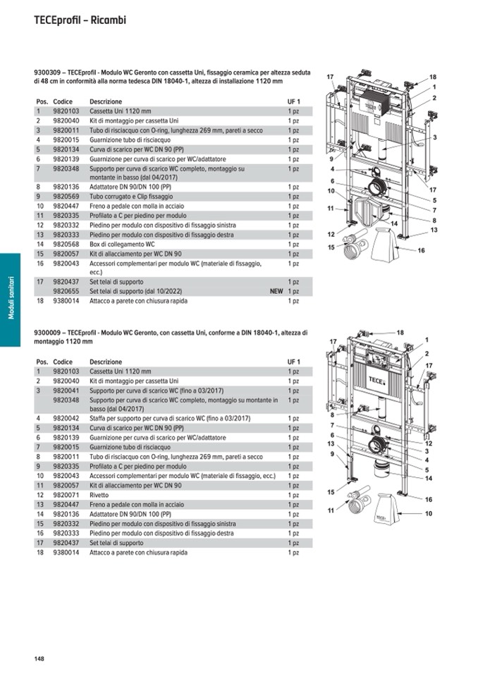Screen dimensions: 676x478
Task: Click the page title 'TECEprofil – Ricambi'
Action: (x=80, y=20)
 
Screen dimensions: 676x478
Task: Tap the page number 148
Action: (x=39, y=658)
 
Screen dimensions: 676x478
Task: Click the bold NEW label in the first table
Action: (x=276, y=290)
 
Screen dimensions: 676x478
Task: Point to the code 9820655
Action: (x=66, y=290)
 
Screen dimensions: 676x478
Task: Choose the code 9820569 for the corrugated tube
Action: (x=66, y=196)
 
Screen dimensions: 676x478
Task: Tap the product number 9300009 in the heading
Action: (x=47, y=333)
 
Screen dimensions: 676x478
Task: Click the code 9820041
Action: (x=66, y=390)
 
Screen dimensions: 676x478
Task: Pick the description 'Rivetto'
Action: (x=100, y=496)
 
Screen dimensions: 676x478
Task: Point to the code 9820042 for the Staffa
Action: (x=66, y=418)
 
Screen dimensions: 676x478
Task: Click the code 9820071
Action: (x=66, y=496)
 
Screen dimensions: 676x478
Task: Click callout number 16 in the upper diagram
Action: (x=421, y=250)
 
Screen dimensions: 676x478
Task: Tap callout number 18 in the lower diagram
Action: (x=400, y=332)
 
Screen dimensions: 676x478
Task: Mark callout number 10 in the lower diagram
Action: (x=428, y=513)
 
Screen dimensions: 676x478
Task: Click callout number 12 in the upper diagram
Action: (x=331, y=234)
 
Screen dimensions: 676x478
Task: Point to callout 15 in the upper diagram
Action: (x=331, y=247)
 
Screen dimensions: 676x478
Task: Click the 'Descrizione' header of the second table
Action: (x=106, y=362)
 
